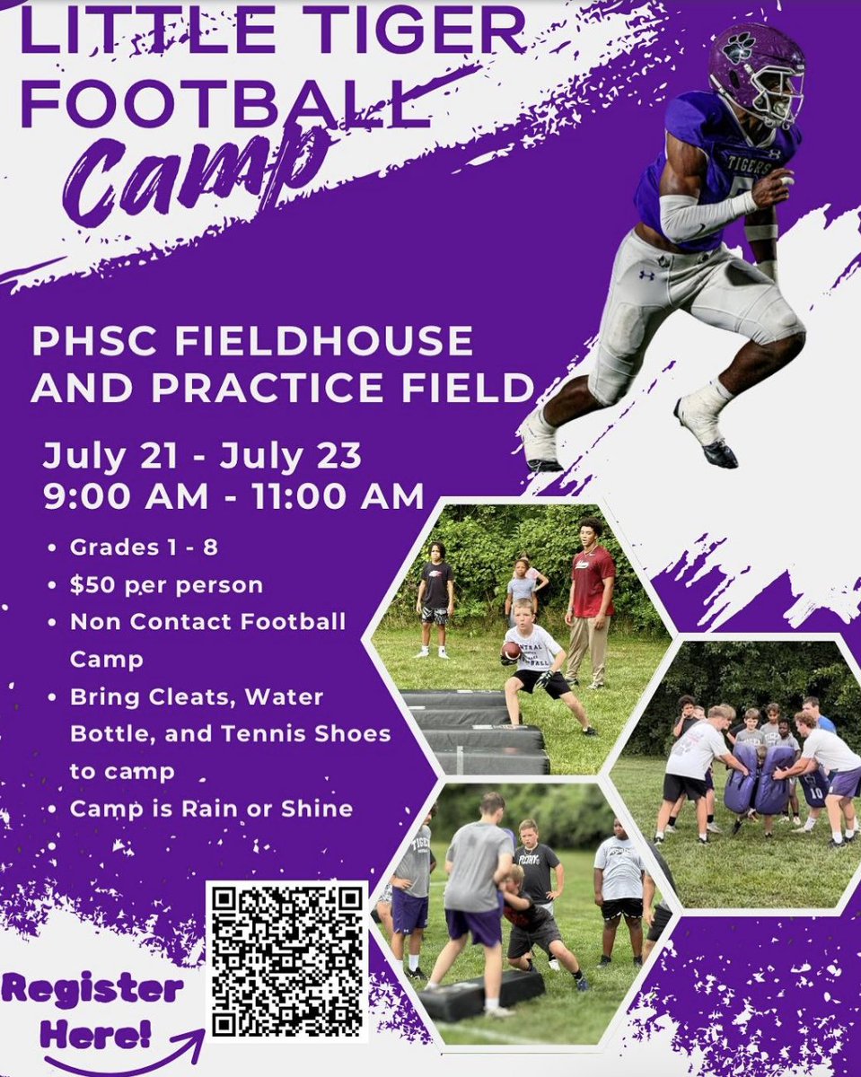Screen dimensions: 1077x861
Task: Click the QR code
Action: (x=286, y=960)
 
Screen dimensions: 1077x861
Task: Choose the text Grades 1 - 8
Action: (x=143, y=548)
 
